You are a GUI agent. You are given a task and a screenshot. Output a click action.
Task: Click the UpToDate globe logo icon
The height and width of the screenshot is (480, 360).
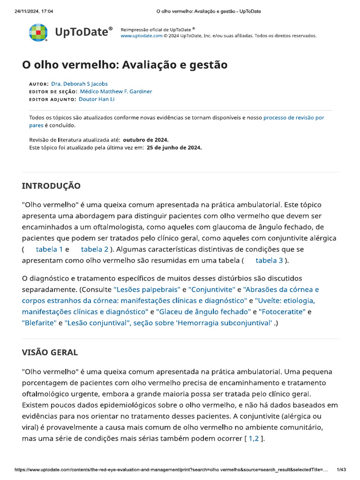pyautogui.click(x=38, y=33)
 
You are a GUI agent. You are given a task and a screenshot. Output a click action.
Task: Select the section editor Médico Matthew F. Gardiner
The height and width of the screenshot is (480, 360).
pyautogui.click(x=116, y=91)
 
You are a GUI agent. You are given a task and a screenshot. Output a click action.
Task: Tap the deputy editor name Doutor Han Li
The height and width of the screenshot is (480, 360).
pyautogui.click(x=97, y=99)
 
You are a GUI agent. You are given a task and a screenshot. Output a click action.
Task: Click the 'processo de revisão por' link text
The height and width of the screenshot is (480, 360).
pyautogui.click(x=293, y=118)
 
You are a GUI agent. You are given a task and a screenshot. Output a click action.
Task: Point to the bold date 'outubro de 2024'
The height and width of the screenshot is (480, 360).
pyautogui.click(x=145, y=140)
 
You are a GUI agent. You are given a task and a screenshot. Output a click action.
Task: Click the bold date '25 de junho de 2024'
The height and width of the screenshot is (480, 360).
pyautogui.click(x=174, y=148)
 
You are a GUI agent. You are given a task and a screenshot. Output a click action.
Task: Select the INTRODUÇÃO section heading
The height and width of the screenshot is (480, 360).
pyautogui.click(x=51, y=186)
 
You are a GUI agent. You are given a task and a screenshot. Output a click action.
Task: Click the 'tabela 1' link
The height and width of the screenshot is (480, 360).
pyautogui.click(x=49, y=249)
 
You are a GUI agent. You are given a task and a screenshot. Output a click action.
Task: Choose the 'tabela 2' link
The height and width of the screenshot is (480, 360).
pyautogui.click(x=95, y=249)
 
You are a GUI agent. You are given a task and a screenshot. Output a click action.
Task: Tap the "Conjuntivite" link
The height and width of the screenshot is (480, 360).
pyautogui.click(x=211, y=290)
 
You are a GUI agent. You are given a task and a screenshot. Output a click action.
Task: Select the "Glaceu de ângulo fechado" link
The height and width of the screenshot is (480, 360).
pyautogui.click(x=203, y=311)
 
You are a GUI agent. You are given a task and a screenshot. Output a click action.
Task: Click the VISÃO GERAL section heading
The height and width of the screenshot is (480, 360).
pyautogui.click(x=50, y=352)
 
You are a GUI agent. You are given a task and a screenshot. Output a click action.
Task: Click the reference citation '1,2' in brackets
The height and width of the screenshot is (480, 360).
pyautogui.click(x=253, y=438)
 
